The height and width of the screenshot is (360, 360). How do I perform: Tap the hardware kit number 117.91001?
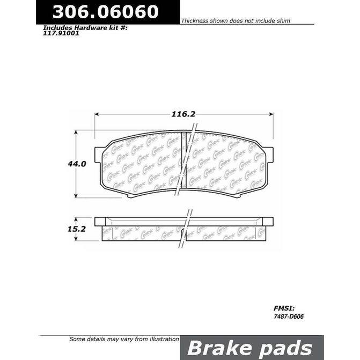click(x=57, y=32)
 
